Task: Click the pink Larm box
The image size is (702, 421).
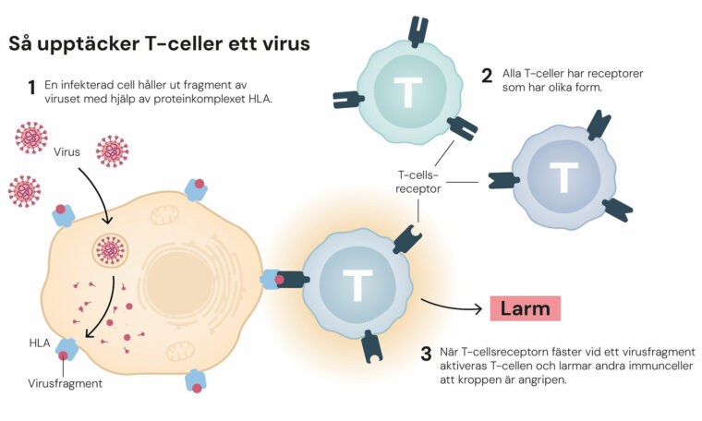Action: click(x=526, y=308)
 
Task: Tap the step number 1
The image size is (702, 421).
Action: click(x=31, y=87)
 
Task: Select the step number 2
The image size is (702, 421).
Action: click(x=487, y=76)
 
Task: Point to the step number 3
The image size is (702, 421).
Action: click(x=426, y=354)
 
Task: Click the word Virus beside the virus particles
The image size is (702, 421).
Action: click(x=67, y=152)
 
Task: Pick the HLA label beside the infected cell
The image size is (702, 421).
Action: click(x=40, y=343)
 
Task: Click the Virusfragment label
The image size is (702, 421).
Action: click(x=65, y=383)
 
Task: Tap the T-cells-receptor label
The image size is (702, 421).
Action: click(x=418, y=182)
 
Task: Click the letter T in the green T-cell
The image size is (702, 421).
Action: click(x=408, y=92)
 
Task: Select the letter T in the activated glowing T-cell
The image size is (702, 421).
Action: click(x=357, y=284)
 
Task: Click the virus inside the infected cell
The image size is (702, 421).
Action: click(x=110, y=251)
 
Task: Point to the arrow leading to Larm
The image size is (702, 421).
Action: click(x=452, y=306)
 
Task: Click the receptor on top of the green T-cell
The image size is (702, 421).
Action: click(x=418, y=30)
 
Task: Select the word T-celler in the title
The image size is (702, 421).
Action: click(x=184, y=43)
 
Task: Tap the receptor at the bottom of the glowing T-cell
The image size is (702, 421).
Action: click(x=372, y=346)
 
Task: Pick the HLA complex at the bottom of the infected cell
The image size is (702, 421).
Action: click(x=196, y=381)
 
